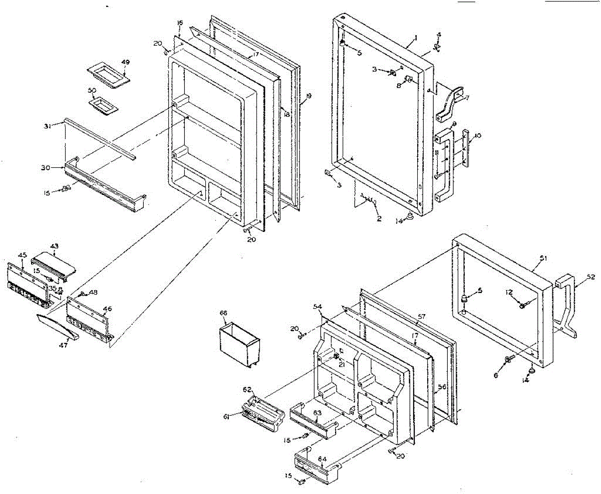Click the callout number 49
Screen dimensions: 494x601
click(125, 63)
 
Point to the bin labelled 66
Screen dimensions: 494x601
click(239, 346)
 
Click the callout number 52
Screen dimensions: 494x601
click(591, 277)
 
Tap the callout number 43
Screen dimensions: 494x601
click(54, 246)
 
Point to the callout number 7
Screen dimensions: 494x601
click(467, 98)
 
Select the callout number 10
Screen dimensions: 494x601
click(477, 135)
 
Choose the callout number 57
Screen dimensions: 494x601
click(422, 316)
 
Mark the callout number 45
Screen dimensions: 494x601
click(23, 256)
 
